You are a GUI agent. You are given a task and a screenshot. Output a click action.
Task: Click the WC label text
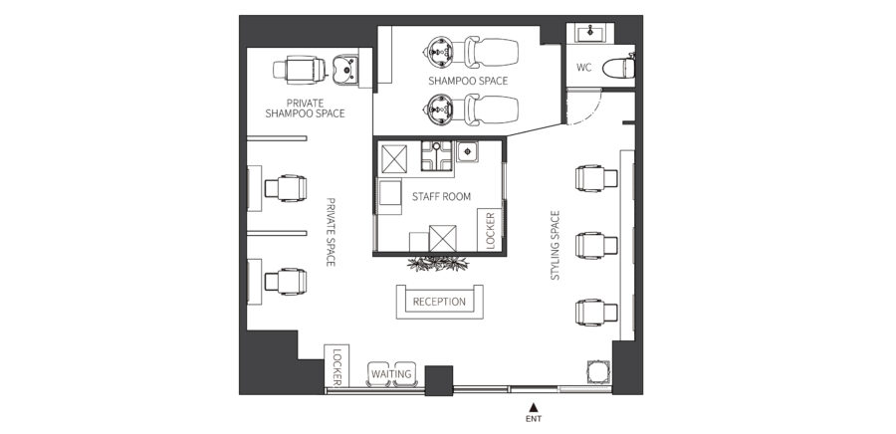pyautogui.click(x=583, y=68)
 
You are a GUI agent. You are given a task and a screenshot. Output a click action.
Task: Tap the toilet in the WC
pyautogui.click(x=619, y=68)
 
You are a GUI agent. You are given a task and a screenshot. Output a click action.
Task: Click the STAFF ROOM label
pyautogui.click(x=441, y=196)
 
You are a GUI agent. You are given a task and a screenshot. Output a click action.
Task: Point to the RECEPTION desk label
pyautogui.click(x=439, y=302)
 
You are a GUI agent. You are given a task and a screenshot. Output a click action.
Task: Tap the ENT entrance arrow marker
pyautogui.click(x=534, y=407)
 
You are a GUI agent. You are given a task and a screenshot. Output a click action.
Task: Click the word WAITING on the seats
pyautogui.click(x=391, y=374)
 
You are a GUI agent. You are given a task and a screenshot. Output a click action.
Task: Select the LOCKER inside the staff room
pyautogui.click(x=490, y=230)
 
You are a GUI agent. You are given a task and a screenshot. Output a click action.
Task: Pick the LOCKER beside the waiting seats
pyautogui.click(x=337, y=365)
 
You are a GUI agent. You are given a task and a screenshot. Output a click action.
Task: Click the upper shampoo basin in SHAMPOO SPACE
pyautogui.click(x=441, y=52)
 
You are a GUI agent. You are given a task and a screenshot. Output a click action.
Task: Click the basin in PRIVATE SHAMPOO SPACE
pyautogui.click(x=345, y=69)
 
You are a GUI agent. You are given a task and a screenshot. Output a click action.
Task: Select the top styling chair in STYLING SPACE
pyautogui.click(x=596, y=178)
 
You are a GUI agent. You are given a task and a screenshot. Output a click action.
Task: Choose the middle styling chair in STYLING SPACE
pyautogui.click(x=596, y=245)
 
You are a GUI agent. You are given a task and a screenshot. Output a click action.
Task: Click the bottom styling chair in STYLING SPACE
pyautogui.click(x=596, y=312)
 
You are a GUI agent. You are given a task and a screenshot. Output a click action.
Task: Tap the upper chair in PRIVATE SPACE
pyautogui.click(x=285, y=188)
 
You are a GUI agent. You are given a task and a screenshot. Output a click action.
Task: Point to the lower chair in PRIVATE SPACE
pyautogui.click(x=285, y=281)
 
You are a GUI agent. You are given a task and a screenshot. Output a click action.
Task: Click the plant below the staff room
pyautogui.click(x=438, y=263)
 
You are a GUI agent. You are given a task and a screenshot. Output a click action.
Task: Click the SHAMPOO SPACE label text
pyautogui.click(x=468, y=81)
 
